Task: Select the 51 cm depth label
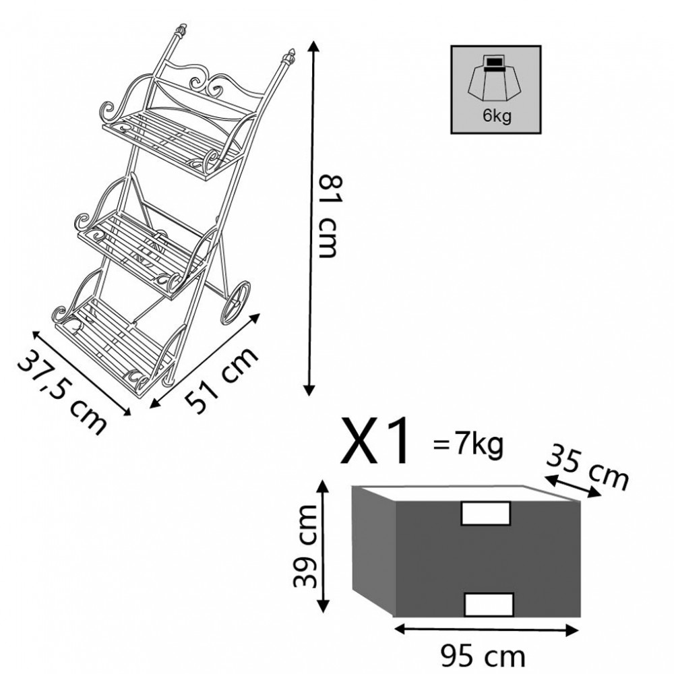click(221, 379)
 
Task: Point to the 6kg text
click(497, 116)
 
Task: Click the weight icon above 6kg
click(495, 78)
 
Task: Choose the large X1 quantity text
click(375, 441)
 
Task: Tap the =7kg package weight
click(468, 444)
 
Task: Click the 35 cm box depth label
click(588, 468)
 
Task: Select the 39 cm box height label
click(305, 546)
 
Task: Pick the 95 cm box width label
click(483, 656)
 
